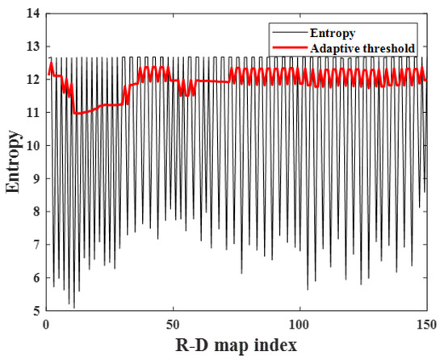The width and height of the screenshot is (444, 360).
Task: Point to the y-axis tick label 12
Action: (x=33, y=80)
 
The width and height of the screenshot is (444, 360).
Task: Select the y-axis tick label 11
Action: (x=33, y=113)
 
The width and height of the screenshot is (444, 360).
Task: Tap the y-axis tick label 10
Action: (x=33, y=146)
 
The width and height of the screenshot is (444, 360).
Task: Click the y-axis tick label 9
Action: (x=36, y=179)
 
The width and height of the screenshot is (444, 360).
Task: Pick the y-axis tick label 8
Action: (x=36, y=212)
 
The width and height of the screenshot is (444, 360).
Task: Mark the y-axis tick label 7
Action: (x=36, y=245)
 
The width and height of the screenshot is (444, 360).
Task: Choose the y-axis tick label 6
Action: (x=36, y=278)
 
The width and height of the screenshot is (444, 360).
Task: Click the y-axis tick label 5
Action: (x=36, y=311)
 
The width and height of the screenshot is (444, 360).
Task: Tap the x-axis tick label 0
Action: (x=45, y=323)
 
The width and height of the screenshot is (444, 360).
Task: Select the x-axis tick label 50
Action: (x=173, y=323)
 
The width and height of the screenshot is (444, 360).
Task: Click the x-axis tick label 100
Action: (x=299, y=323)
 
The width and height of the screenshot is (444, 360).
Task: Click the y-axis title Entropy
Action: (x=13, y=164)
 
